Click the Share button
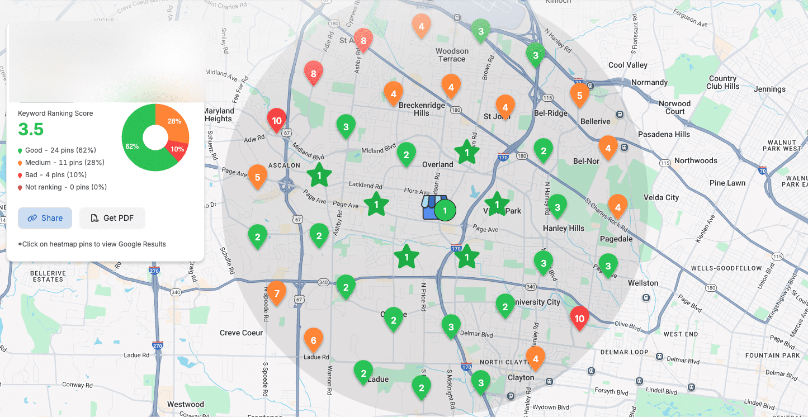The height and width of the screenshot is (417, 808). pos(45,218)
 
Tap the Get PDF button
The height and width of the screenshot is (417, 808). pos(112,218)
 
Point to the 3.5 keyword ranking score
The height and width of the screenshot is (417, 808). pos(31,129)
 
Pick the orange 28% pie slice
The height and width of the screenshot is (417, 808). pos(173,122)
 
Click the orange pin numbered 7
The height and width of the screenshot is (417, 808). pos(276,292)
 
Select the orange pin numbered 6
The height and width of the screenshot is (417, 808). pos(313,339)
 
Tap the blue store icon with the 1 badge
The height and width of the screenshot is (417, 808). pos(435,207)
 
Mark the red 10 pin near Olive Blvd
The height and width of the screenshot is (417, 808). pos(579,318)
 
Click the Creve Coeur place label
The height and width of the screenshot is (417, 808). pos(241,333)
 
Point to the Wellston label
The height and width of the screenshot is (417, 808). pos(643,283)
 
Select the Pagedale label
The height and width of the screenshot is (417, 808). pos(616,239)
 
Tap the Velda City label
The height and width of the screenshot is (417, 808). pos(661,197)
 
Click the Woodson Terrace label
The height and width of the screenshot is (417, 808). pos(452,55)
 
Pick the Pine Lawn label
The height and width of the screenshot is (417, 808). pos(727,183)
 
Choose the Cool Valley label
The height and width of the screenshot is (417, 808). pos(627,65)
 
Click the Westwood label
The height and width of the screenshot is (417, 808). pos(186,404)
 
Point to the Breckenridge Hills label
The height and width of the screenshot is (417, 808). pos(422,109)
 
